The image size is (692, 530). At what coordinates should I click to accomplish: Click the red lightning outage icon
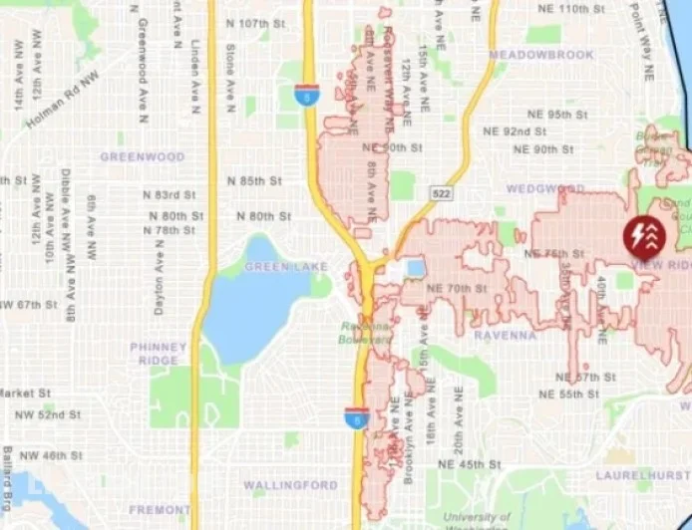click(x=640, y=236)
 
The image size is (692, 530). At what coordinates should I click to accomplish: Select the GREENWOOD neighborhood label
click(x=143, y=157)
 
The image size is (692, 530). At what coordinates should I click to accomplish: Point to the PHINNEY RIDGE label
click(x=159, y=353)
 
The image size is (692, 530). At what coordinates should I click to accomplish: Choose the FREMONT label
click(x=159, y=510)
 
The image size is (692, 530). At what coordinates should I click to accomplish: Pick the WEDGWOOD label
click(x=544, y=188)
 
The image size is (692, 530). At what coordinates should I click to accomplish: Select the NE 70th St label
click(x=456, y=289)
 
